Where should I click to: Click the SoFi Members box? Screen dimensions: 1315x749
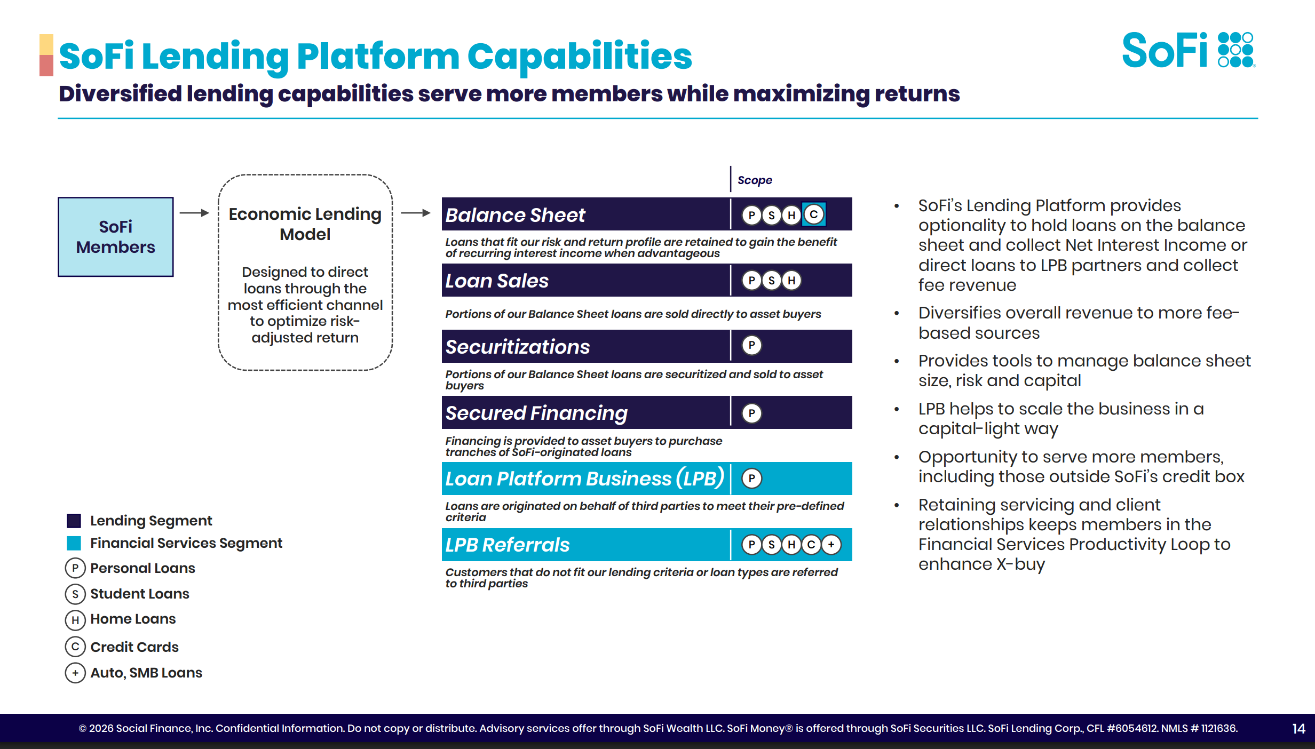point(116,237)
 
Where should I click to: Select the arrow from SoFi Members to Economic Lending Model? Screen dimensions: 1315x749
point(194,213)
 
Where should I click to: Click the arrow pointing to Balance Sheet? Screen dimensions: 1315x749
point(416,213)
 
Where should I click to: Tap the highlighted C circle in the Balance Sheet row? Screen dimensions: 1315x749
point(814,214)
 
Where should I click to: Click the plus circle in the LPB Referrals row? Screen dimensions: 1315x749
point(831,544)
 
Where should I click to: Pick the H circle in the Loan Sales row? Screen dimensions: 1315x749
point(791,281)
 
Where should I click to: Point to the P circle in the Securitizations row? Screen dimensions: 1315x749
point(751,346)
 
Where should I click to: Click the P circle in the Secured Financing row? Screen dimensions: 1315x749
point(751,413)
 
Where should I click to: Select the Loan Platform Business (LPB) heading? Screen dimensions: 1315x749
point(584,479)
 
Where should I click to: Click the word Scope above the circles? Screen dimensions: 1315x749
point(755,180)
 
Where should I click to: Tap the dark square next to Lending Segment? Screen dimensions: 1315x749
point(74,521)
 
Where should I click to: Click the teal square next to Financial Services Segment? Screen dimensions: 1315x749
point(74,543)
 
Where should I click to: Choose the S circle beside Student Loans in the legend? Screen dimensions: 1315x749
point(75,594)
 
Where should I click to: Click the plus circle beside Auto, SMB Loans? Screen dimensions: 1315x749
point(75,673)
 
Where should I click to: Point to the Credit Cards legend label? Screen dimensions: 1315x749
point(134,647)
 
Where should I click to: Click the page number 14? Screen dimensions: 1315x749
point(1298,729)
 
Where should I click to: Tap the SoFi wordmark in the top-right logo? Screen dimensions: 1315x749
point(1165,51)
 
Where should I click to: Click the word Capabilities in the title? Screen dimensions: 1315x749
point(580,56)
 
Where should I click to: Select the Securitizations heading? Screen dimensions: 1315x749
point(518,347)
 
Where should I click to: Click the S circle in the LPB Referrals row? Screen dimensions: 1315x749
point(771,544)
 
